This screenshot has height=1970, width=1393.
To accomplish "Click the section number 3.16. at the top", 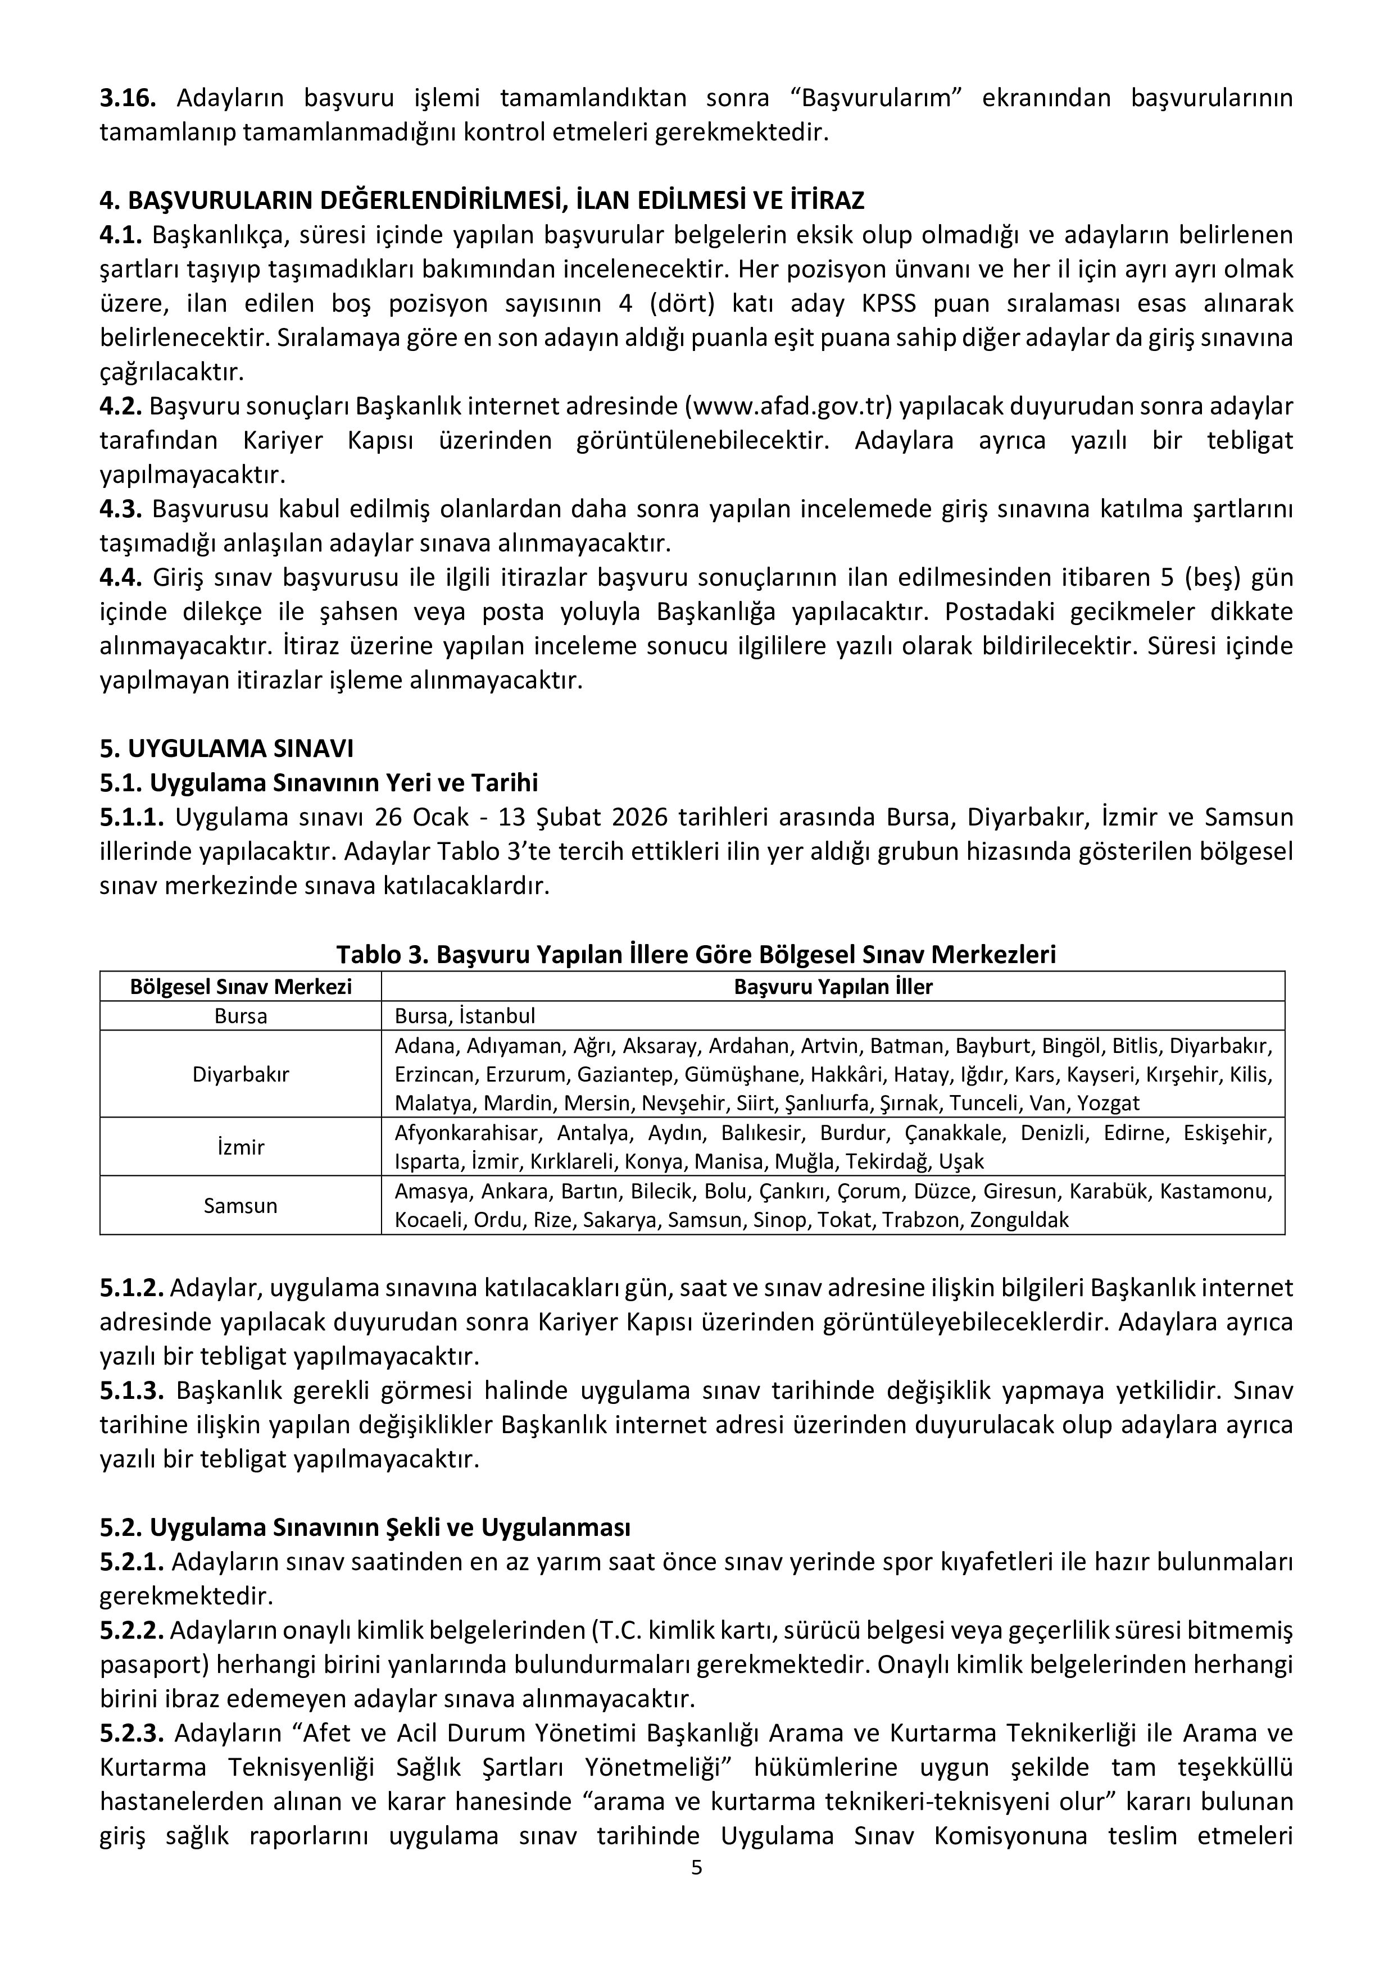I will point(127,98).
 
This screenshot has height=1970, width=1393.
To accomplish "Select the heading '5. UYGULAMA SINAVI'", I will point(226,748).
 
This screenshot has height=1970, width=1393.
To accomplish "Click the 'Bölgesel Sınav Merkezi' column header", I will point(241,986).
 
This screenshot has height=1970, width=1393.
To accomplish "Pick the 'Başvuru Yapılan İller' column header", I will point(833,986).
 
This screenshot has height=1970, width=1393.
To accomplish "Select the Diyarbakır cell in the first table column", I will point(241,1073).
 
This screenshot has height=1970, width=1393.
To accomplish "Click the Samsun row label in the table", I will point(241,1206).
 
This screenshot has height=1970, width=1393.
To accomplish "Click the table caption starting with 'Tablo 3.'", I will point(696,954).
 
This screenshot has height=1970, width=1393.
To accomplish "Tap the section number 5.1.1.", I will point(131,817).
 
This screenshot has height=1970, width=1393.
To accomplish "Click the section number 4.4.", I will point(120,577).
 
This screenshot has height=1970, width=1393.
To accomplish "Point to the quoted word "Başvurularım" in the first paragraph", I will point(880,98).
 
